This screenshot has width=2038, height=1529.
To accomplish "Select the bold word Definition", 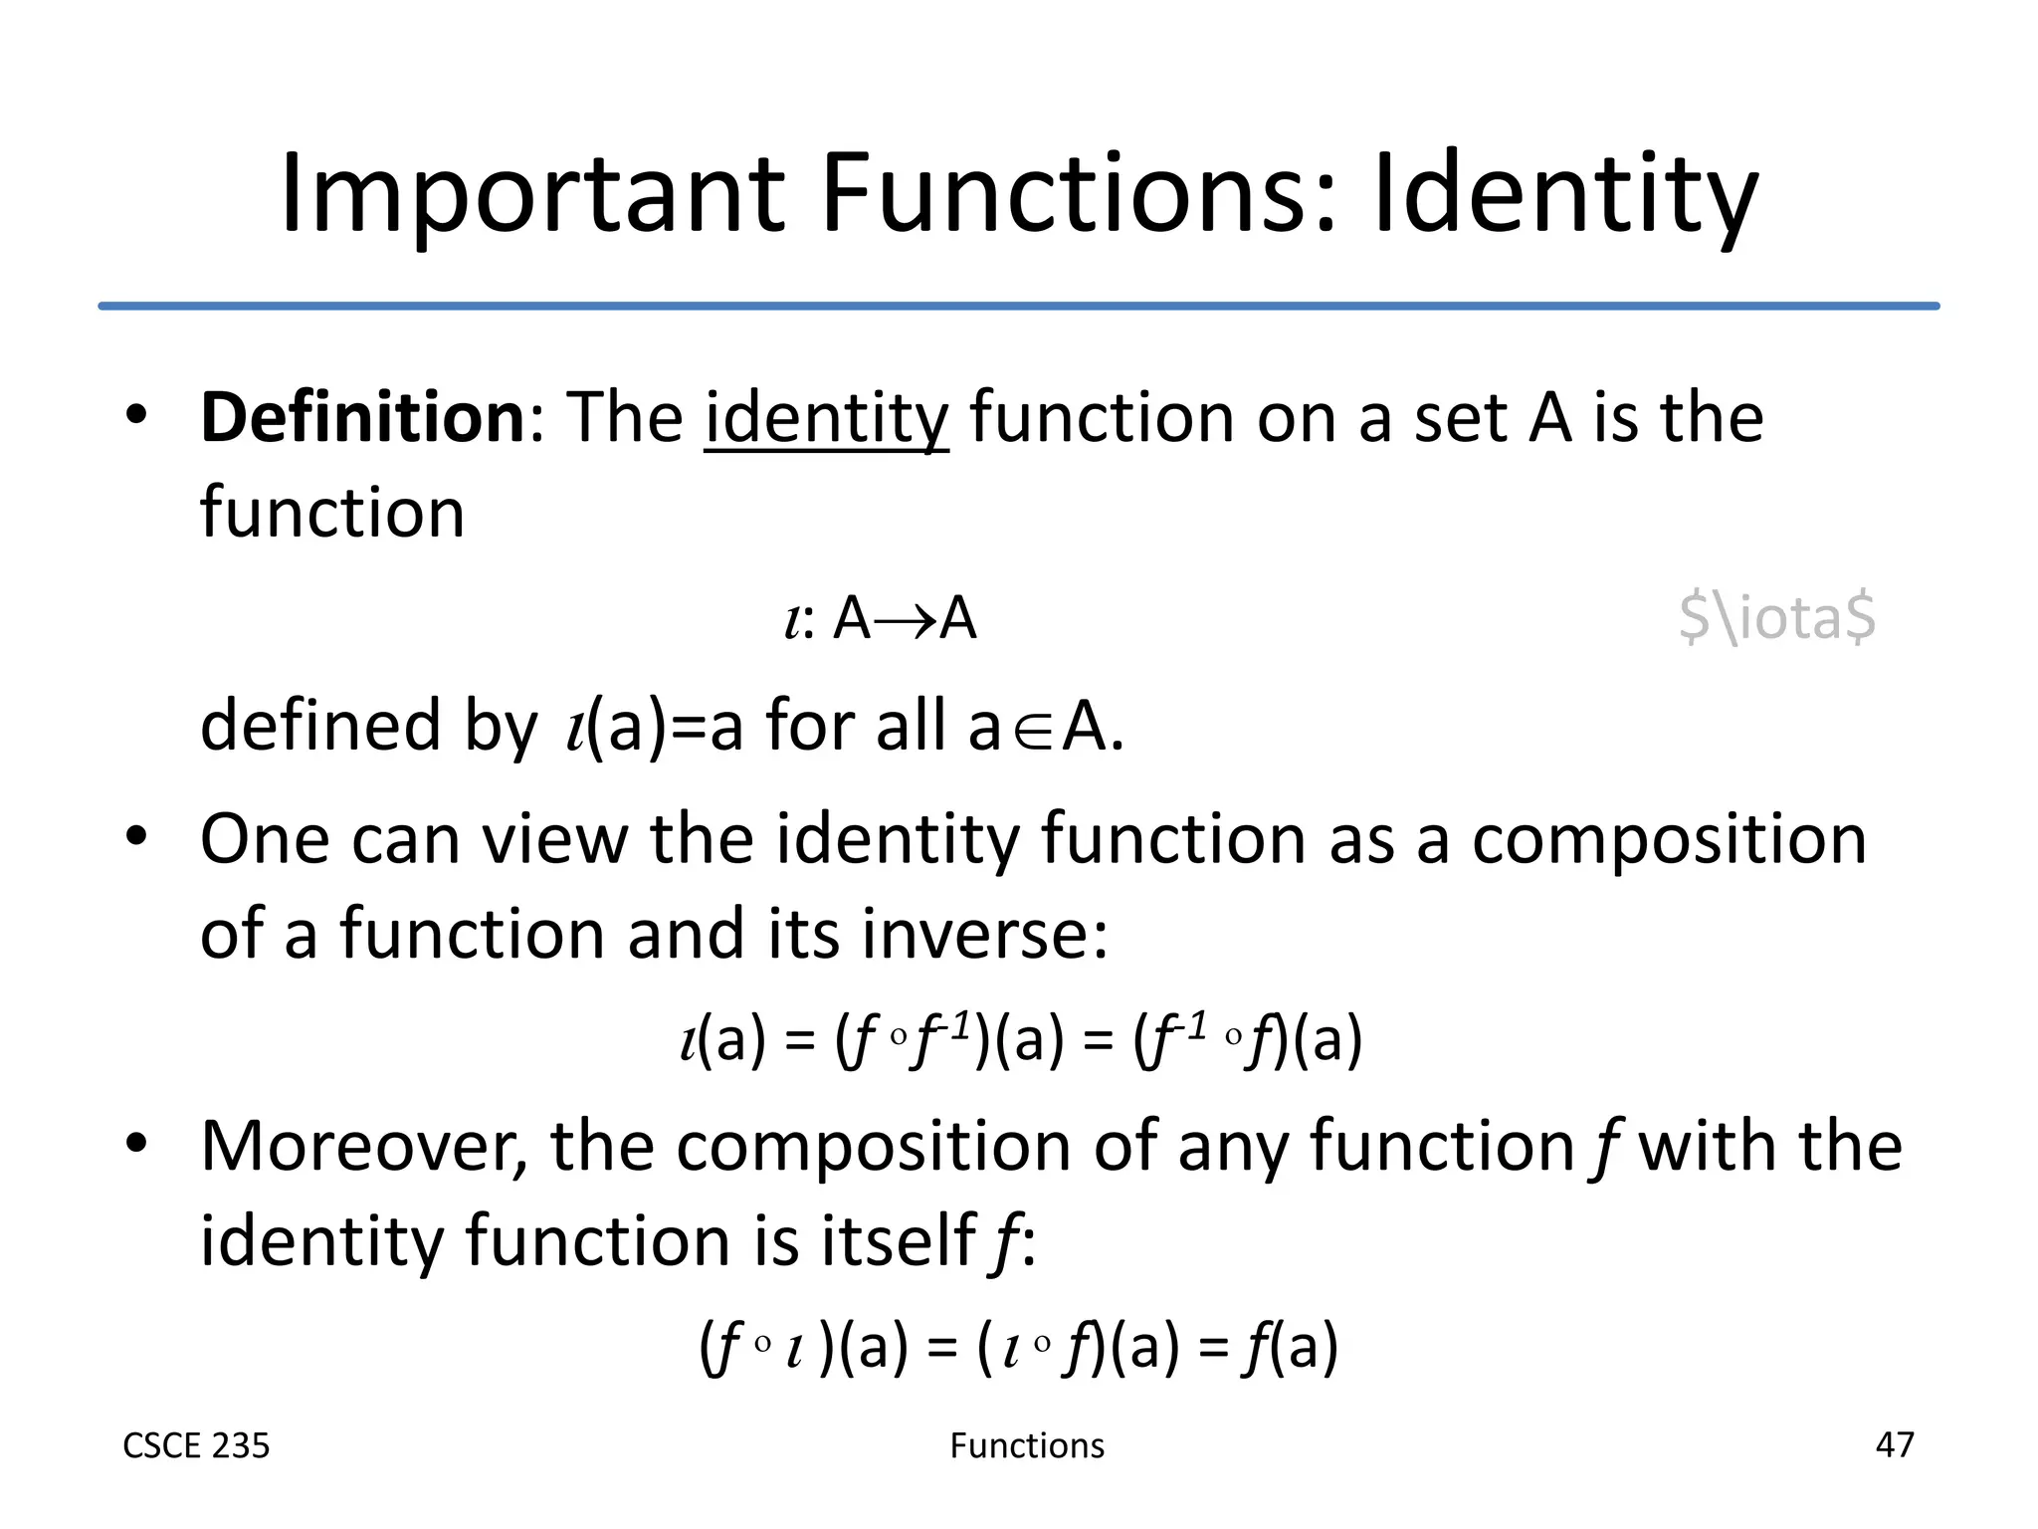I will [x=362, y=417].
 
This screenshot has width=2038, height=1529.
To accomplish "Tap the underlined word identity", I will [x=826, y=419].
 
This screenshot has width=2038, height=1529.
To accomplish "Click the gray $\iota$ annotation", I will [x=1776, y=616].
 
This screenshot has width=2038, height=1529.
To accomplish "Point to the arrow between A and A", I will [x=906, y=620].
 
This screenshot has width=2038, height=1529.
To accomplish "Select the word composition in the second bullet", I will [x=1669, y=839].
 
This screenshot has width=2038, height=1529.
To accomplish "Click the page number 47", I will [x=1894, y=1444].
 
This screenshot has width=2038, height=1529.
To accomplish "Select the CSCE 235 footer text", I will [x=196, y=1445].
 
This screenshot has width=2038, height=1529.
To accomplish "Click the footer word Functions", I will [x=1027, y=1445].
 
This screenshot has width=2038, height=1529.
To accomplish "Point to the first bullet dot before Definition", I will [x=136, y=415].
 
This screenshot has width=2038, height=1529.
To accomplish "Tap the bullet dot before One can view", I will [x=136, y=837].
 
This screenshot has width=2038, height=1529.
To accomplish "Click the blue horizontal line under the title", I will [x=1019, y=306].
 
